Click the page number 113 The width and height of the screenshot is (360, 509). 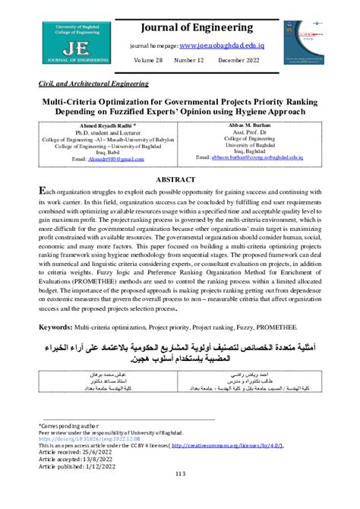coord(179,495)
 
